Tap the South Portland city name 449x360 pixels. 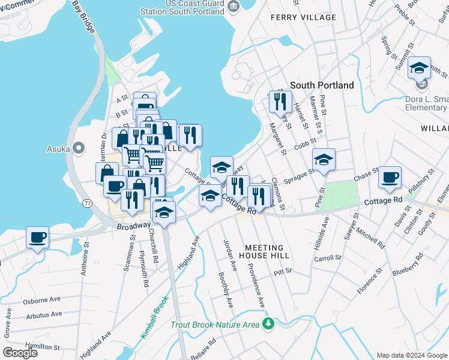click(322, 85)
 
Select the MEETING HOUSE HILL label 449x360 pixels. click(267, 251)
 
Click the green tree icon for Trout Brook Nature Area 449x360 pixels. click(270, 325)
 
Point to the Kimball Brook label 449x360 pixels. click(153, 323)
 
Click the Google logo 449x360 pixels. click(20, 352)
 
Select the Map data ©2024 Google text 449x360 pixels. click(411, 355)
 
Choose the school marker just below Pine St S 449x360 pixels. click(324, 159)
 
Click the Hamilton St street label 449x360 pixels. click(41, 346)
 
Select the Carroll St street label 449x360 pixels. click(328, 258)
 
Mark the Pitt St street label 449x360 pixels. click(282, 271)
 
